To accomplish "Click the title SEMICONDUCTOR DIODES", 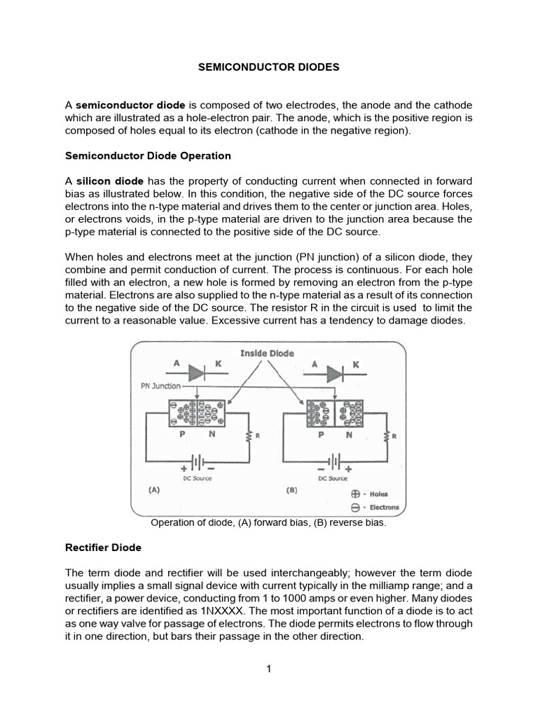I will (269, 67).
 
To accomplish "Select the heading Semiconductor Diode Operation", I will (148, 155).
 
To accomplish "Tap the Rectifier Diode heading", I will (103, 547).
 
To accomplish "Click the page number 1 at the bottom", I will (268, 669).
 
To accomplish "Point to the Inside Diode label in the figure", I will (267, 353).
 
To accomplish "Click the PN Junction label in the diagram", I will (160, 386).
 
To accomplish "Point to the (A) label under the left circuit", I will (153, 491).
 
